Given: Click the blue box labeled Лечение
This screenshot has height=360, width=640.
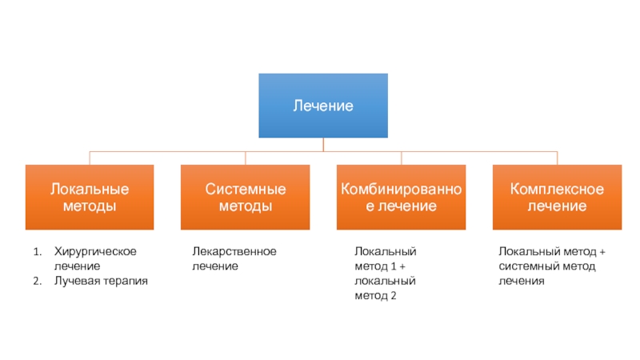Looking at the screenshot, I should click(322, 106).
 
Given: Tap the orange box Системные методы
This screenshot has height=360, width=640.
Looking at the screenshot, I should click(245, 197).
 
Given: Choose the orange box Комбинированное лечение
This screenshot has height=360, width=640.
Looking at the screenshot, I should click(401, 197).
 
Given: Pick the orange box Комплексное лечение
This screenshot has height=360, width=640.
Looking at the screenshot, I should click(557, 197).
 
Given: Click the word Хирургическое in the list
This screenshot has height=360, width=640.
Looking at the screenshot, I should click(95, 251).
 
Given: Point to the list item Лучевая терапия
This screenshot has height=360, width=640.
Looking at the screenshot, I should click(101, 281).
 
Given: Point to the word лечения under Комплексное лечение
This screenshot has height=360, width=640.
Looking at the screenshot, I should click(521, 281).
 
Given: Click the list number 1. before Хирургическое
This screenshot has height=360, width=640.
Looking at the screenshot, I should click(37, 251).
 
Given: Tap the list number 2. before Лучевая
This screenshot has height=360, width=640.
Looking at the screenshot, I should click(37, 281).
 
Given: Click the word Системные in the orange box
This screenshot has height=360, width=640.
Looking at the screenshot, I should click(245, 190).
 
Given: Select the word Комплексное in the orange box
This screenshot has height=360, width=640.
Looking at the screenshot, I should click(557, 190).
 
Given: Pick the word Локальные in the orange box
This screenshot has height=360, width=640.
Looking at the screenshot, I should click(89, 190).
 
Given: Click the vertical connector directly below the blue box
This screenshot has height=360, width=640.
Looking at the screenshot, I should click(323, 144).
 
